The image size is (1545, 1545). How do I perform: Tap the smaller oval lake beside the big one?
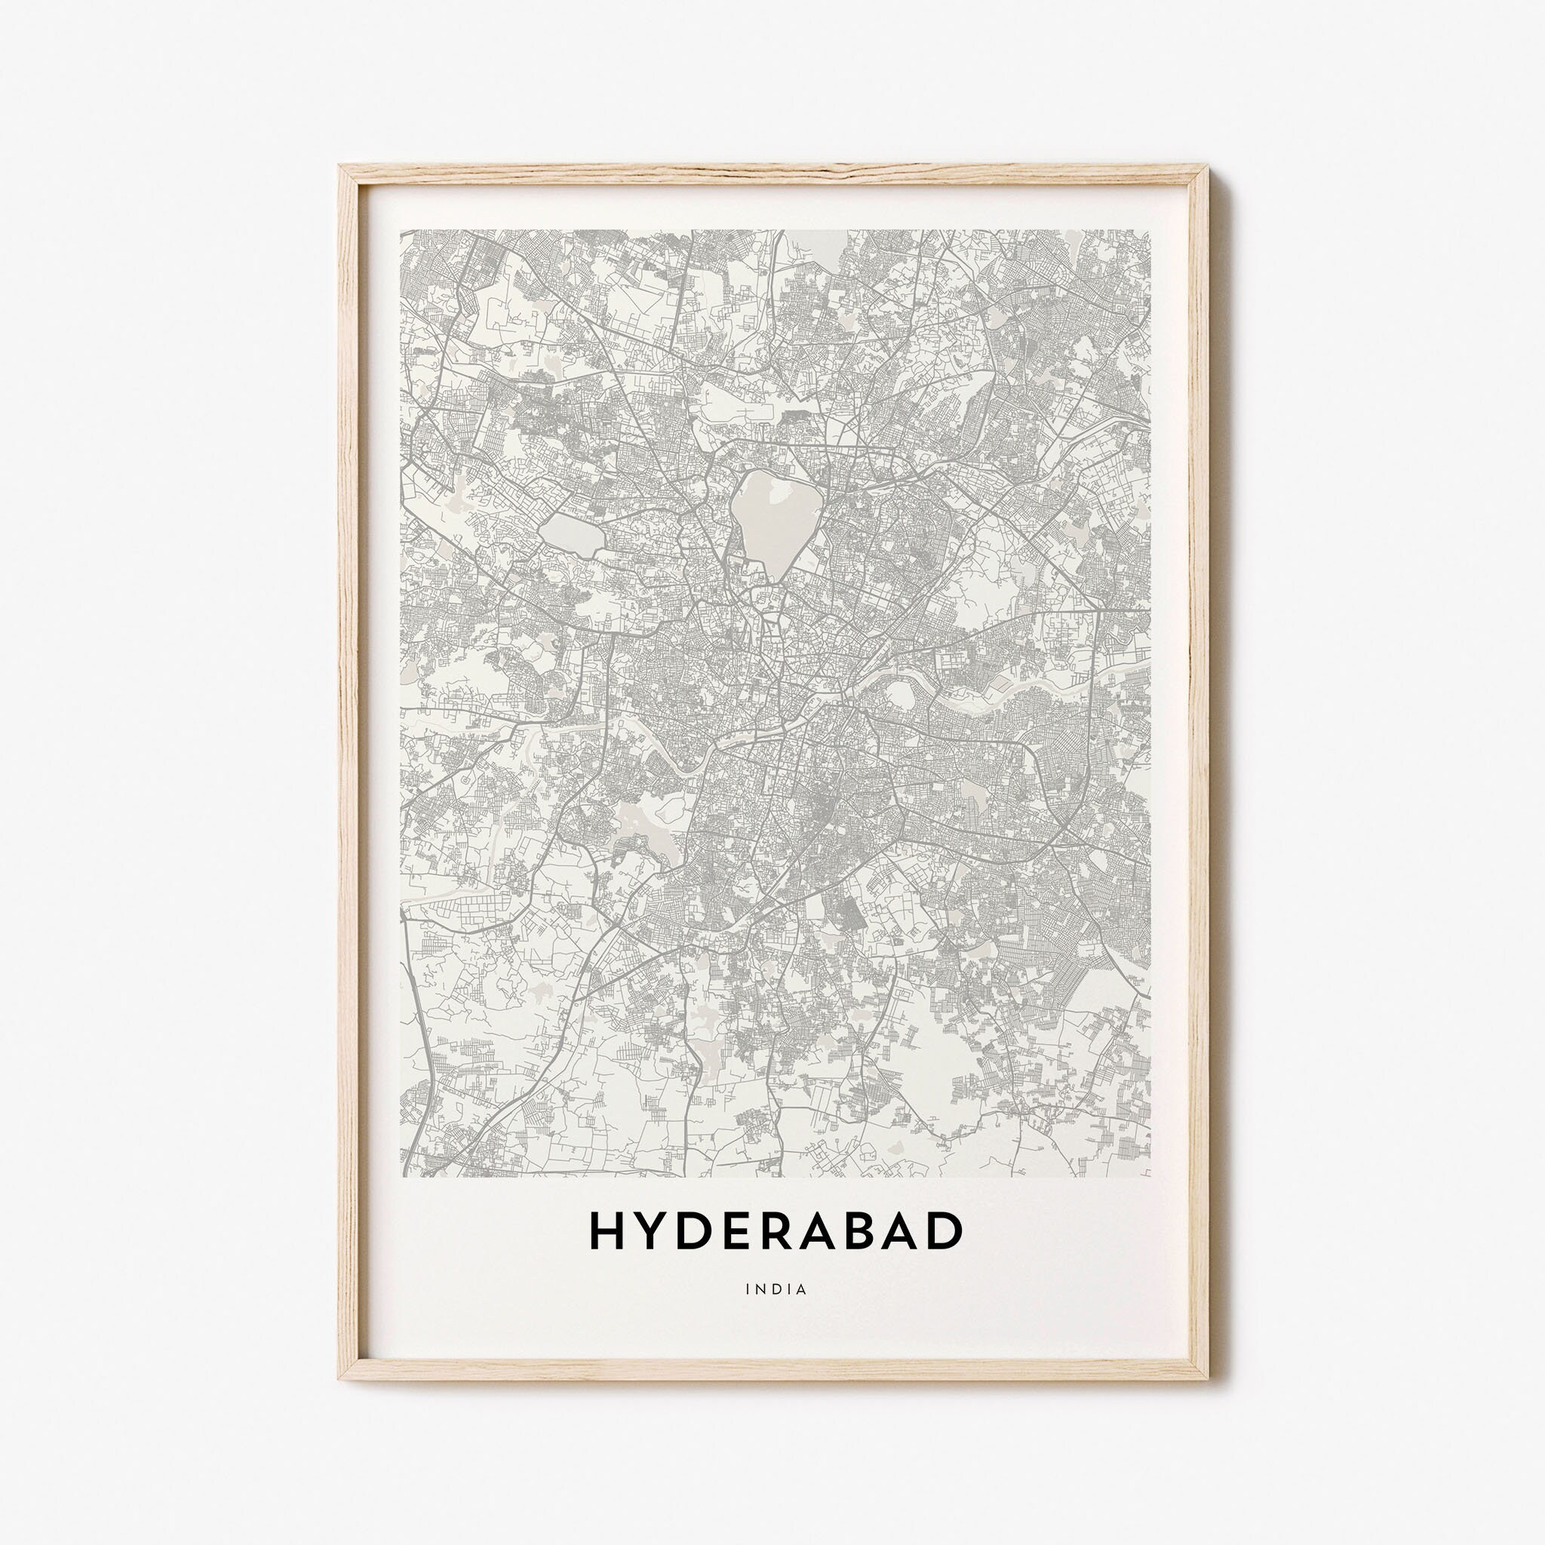tap(571, 534)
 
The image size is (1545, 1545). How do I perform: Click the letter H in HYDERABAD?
tap(605, 1230)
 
